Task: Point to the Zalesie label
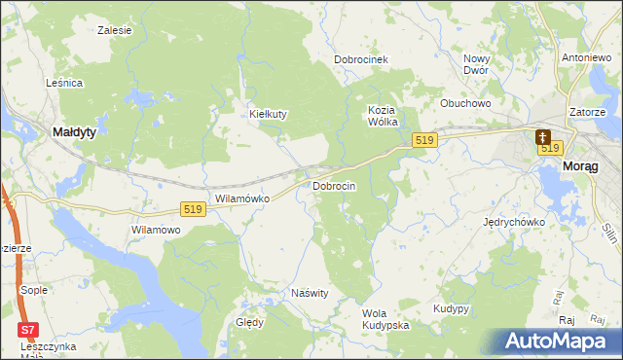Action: (115, 30)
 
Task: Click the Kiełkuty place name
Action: (268, 114)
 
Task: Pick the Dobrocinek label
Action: (361, 59)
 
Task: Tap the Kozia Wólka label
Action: (386, 115)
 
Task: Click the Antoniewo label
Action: (585, 57)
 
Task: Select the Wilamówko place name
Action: (241, 198)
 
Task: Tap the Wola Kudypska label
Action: (385, 318)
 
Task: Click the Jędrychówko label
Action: (514, 222)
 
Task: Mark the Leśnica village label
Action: (64, 84)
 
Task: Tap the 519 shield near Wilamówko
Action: (193, 209)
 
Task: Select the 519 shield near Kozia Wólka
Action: (422, 141)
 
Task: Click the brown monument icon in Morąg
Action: (542, 138)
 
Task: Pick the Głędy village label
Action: (249, 322)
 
